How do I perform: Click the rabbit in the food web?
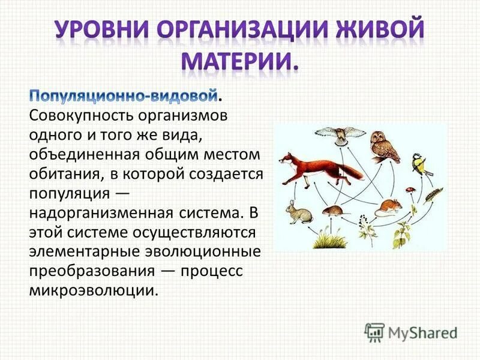pyautogui.click(x=296, y=211)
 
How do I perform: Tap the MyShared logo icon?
pyautogui.click(x=375, y=331)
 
